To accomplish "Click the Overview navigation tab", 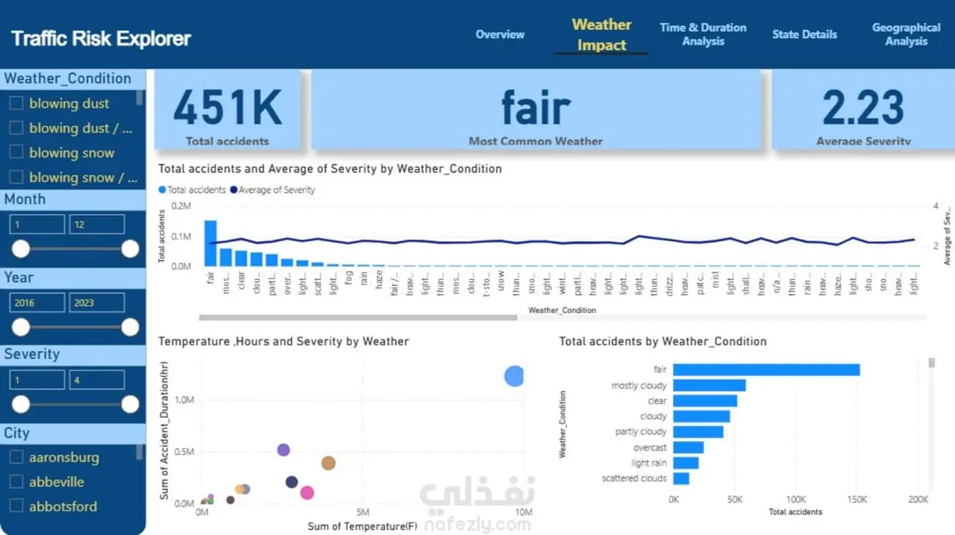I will tap(500, 34).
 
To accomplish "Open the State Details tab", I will tap(804, 34).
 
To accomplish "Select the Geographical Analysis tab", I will tap(906, 34).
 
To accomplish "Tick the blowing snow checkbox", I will tap(16, 153).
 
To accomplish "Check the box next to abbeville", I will tap(16, 482).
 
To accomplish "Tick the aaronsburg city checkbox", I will tap(16, 457).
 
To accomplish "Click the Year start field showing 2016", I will tap(37, 303).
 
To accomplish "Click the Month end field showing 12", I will tap(96, 225).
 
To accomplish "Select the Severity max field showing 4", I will tap(96, 381).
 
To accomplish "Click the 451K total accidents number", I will tap(228, 107).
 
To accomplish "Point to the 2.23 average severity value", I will tap(863, 107).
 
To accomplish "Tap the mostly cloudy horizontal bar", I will tap(710, 386).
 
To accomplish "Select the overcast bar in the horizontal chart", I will tap(689, 448).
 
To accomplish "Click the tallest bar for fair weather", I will tap(210, 243).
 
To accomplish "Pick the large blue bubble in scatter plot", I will tap(514, 376).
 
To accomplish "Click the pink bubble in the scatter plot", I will tap(307, 492).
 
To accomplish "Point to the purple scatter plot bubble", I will tap(284, 450).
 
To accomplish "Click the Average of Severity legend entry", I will tap(273, 190).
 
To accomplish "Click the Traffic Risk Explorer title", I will tap(101, 39).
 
